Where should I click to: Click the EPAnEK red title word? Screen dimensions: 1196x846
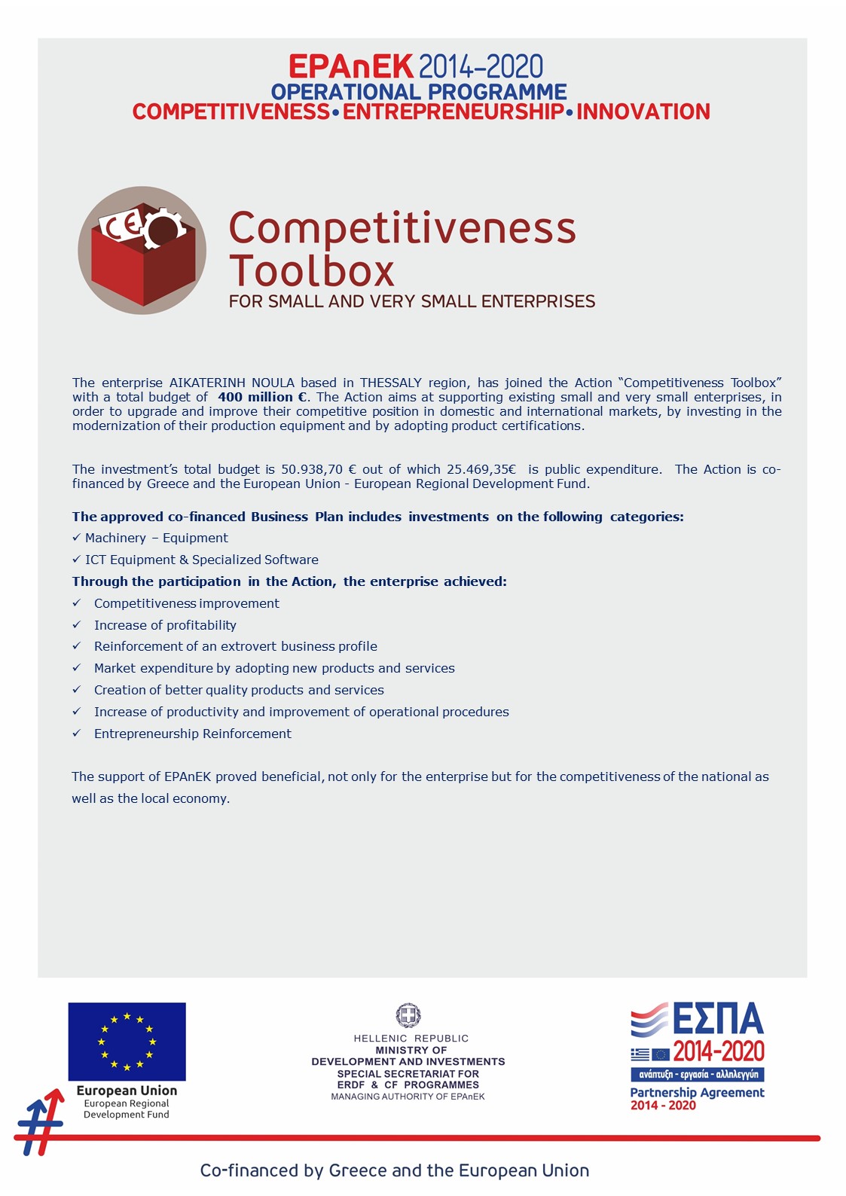pos(350,67)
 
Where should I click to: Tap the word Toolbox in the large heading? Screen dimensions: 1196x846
pos(312,271)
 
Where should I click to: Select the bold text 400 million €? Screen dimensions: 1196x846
pos(263,397)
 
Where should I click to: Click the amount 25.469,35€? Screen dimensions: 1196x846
pos(481,469)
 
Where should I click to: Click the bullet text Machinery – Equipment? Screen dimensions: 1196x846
pos(157,538)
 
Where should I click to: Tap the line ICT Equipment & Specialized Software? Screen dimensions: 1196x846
pos(202,560)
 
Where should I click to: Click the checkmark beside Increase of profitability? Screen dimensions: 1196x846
pos(76,625)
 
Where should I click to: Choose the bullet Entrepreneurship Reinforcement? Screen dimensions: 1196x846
pos(193,734)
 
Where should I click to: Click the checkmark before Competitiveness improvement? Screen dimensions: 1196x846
pos(76,603)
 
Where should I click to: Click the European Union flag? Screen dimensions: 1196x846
pos(127,1042)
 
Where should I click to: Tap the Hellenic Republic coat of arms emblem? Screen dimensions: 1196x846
pos(408,1016)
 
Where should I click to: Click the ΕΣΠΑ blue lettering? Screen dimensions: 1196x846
pos(718,1020)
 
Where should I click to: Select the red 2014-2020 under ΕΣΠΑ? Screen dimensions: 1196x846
pos(719,1051)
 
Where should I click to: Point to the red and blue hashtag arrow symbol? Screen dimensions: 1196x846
pos(41,1122)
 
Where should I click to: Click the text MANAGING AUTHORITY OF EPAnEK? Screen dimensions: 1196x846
pos(408,1097)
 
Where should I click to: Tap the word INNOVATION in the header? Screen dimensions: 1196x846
pos(643,111)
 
